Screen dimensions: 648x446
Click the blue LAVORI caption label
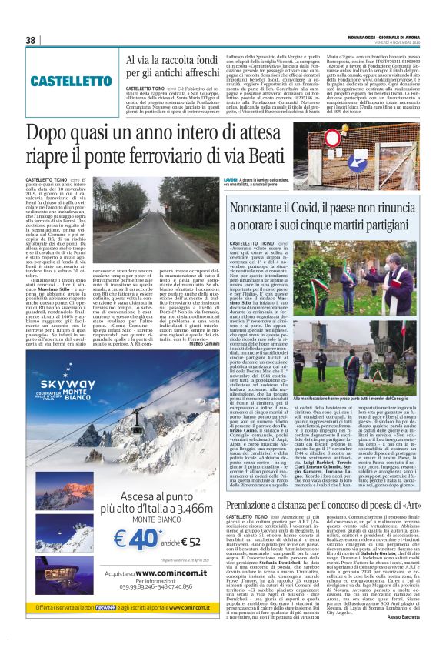coord(210,179)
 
